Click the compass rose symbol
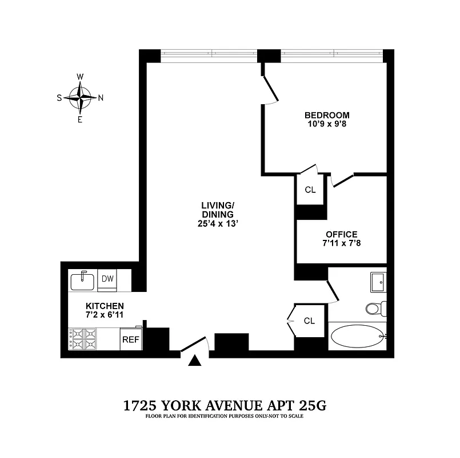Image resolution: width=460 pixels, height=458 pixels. coord(80,97)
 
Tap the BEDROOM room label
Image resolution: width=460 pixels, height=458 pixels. coord(326,114)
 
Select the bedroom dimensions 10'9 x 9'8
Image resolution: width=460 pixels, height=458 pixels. coord(326,123)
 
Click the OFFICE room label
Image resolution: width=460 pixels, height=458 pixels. coord(341,234)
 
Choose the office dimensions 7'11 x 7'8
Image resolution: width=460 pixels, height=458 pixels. coord(341,243)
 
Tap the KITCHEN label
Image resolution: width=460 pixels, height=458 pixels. coord(105,306)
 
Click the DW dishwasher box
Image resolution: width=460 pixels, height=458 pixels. coord(107,279)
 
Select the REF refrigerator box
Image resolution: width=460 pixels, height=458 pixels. coord(130,339)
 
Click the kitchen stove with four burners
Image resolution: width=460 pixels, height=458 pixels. coord(84,339)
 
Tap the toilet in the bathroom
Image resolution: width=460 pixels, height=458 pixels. coord(375,309)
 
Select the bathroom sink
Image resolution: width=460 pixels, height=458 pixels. coord(378,281)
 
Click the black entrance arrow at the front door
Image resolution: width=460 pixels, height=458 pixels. coord(195,360)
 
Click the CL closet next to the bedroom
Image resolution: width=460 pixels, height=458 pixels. coord(310,190)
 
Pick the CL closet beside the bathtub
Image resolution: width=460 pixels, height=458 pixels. coord(309,321)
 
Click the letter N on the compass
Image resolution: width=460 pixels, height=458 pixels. coord(101,97)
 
